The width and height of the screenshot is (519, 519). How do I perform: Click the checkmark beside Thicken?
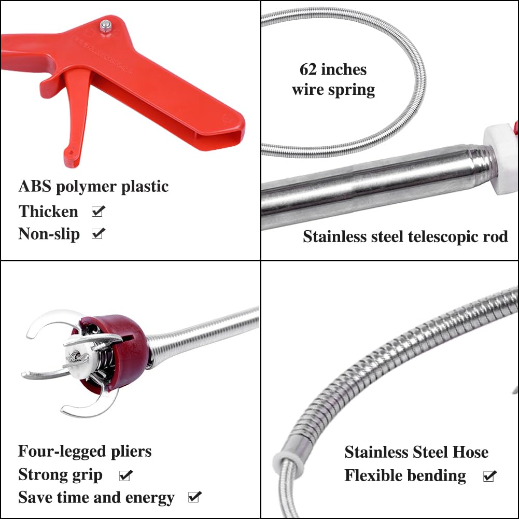pos(98,211)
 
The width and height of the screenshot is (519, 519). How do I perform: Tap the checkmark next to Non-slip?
pos(98,234)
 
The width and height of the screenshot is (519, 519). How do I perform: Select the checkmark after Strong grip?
pos(125,475)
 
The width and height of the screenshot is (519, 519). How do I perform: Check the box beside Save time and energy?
pos(194,498)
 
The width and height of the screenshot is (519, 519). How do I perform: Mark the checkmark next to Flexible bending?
pos(489,476)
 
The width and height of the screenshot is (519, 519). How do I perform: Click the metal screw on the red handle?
pos(106,25)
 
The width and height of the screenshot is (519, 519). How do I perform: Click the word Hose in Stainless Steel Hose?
pos(470,452)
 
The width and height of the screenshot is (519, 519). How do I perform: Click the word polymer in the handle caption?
pos(87,187)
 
